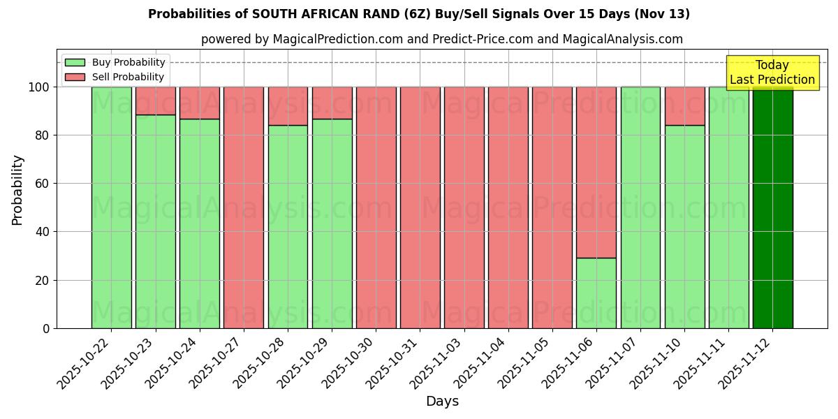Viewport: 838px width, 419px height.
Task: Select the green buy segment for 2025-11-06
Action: click(596, 293)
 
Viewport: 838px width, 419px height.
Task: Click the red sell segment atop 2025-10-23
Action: click(155, 101)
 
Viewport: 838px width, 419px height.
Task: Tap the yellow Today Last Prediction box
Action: click(772, 73)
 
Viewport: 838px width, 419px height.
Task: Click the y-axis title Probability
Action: click(17, 189)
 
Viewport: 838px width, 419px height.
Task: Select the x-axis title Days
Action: click(442, 402)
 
